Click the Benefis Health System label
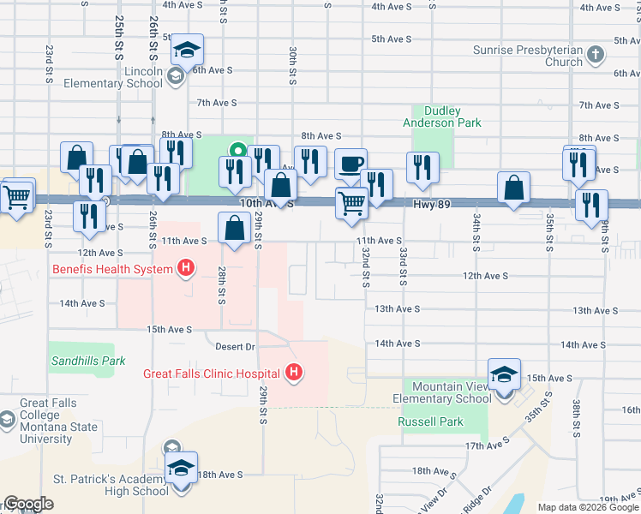tap(113, 269)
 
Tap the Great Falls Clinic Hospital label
tap(212, 374)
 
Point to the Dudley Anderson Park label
tap(442, 117)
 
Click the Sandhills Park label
tap(88, 361)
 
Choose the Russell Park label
tap(430, 421)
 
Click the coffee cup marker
tap(350, 164)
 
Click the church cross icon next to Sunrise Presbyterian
tap(596, 56)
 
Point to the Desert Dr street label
tap(236, 346)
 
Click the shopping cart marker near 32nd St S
tap(352, 204)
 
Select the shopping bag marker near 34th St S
tap(513, 188)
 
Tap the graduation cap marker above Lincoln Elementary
tap(187, 49)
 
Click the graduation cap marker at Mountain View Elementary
tap(504, 374)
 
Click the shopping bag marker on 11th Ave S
tap(235, 228)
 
